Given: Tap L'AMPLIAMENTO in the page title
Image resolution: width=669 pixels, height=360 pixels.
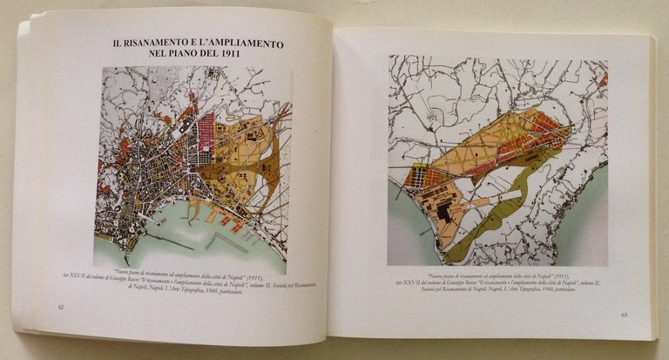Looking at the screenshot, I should click(x=251, y=43).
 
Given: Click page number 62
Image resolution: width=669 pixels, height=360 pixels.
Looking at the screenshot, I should click(x=59, y=307).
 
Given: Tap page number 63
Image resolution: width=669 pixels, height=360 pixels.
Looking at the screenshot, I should click(x=625, y=315).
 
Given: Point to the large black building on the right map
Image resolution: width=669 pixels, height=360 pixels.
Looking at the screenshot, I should click(x=445, y=211).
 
